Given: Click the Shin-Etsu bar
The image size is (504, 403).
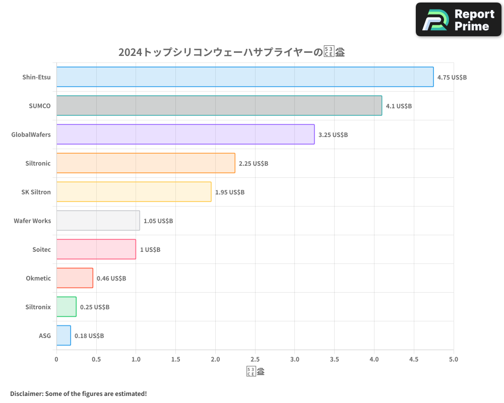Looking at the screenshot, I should [x=244, y=77].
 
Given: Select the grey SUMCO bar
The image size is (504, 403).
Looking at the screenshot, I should [x=219, y=106].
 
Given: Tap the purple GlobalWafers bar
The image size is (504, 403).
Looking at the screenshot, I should [x=185, y=135].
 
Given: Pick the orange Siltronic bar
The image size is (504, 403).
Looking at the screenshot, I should [x=146, y=163].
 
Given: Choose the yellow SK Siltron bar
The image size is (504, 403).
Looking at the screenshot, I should [x=134, y=192].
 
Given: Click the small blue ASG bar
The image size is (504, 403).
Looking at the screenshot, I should [x=64, y=335].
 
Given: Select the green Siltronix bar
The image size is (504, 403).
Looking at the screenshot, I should [x=66, y=307].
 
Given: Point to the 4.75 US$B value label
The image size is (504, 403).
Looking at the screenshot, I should [x=452, y=78].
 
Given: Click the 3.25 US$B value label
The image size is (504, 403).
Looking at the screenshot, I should [x=333, y=135].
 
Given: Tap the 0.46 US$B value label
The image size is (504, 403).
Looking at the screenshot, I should [x=111, y=279].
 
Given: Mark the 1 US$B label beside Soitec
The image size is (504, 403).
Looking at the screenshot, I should [x=150, y=250].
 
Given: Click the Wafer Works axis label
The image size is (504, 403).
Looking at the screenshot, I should [x=32, y=221].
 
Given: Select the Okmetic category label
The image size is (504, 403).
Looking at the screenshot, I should [x=38, y=278].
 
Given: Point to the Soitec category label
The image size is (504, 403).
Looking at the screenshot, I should [x=41, y=249].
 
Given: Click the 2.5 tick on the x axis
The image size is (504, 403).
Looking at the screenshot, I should [x=255, y=359].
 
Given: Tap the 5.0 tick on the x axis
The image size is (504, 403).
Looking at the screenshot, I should [x=454, y=359].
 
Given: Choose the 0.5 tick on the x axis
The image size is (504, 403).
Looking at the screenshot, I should [x=96, y=359].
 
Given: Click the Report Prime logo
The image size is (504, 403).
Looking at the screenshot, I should [x=458, y=20].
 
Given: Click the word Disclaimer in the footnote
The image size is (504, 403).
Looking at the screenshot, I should [x=26, y=393].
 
